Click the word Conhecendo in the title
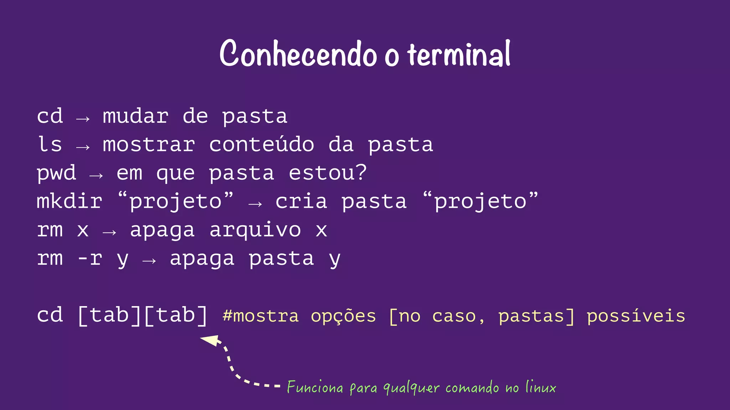(x=298, y=54)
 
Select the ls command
(x=50, y=144)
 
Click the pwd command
(x=56, y=173)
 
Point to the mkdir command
(x=70, y=201)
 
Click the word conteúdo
(x=262, y=144)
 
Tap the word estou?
(x=328, y=173)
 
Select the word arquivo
(x=255, y=230)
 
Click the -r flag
(x=90, y=258)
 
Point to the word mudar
(x=135, y=116)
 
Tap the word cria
(x=301, y=201)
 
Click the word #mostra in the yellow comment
(x=261, y=316)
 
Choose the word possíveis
(x=636, y=316)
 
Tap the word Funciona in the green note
(x=315, y=387)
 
